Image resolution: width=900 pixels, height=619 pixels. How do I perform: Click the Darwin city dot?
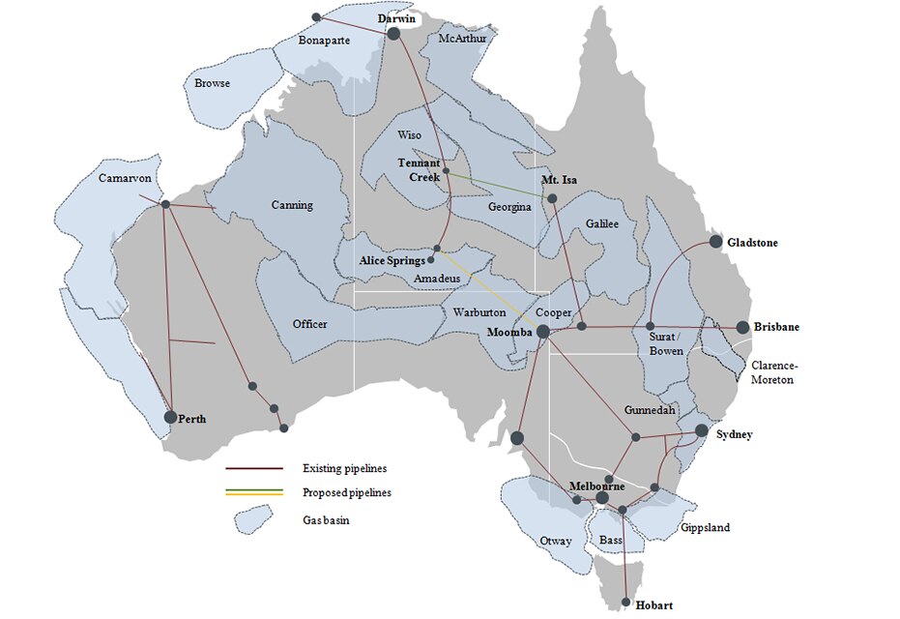point(393,34)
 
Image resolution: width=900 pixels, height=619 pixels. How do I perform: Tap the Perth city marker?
point(171,417)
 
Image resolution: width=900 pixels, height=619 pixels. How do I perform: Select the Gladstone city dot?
point(716,241)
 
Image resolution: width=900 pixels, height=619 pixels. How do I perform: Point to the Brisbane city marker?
point(742,328)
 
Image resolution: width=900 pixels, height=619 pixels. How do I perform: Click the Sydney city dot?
point(702,430)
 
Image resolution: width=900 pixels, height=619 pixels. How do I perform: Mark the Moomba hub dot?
point(543,331)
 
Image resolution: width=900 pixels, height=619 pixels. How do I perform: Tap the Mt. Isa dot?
point(552,199)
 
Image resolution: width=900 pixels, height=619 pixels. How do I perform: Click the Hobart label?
point(654,605)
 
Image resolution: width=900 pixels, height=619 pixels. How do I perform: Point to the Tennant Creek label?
point(419,170)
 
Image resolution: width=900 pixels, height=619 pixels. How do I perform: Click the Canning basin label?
point(292,205)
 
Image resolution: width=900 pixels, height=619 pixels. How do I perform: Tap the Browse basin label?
point(212,83)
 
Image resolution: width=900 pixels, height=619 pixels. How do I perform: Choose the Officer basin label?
point(309,324)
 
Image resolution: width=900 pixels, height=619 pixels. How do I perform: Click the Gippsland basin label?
point(705,528)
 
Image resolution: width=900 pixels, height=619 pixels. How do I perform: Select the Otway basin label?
point(556,541)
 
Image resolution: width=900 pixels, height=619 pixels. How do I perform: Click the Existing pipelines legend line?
point(254,468)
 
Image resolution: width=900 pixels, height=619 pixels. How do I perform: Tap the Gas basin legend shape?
point(251,519)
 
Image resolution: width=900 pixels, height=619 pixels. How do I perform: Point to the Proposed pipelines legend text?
point(346,492)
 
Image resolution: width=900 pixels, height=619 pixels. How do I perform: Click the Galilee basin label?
point(601,223)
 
